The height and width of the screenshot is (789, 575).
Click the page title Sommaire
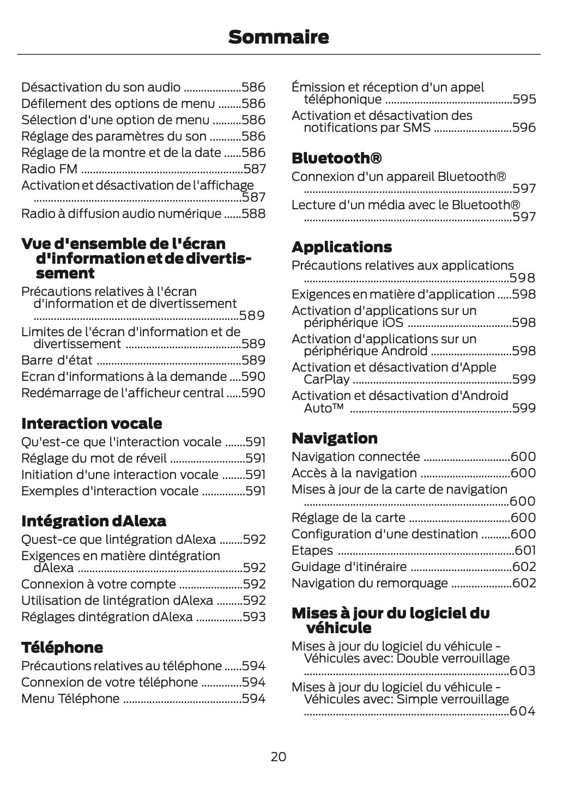click(279, 37)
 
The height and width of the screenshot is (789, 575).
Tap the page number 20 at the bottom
click(278, 756)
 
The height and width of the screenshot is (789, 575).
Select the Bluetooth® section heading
click(336, 158)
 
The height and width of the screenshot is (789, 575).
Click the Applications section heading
click(341, 247)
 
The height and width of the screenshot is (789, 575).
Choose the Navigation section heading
click(334, 438)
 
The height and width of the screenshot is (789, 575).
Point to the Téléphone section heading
click(62, 647)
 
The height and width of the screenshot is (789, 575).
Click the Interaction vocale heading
click(91, 423)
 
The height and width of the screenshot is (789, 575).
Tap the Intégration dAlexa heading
click(93, 521)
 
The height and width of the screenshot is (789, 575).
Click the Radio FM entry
click(49, 169)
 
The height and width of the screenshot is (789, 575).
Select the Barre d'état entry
click(57, 360)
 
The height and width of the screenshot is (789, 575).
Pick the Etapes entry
click(312, 550)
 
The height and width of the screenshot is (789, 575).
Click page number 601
click(525, 550)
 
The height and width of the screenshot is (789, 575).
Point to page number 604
click(523, 711)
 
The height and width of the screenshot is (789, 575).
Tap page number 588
click(253, 214)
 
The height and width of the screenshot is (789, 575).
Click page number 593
click(254, 617)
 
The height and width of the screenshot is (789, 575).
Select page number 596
click(524, 128)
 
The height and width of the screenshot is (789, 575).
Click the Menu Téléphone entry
click(70, 699)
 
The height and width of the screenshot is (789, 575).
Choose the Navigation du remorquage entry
click(369, 583)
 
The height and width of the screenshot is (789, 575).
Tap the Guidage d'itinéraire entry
click(349, 567)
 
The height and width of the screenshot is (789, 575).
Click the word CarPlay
click(326, 379)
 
